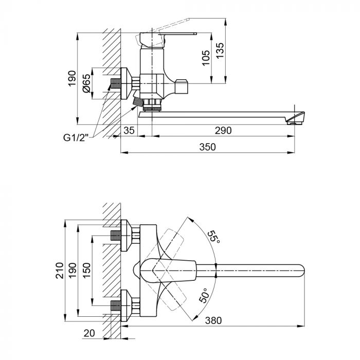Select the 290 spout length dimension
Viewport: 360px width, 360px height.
coord(223,131)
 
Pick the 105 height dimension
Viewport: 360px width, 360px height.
coord(206,57)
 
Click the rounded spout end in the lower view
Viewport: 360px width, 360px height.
coord(301,269)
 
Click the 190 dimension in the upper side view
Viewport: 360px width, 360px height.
coord(71,79)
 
